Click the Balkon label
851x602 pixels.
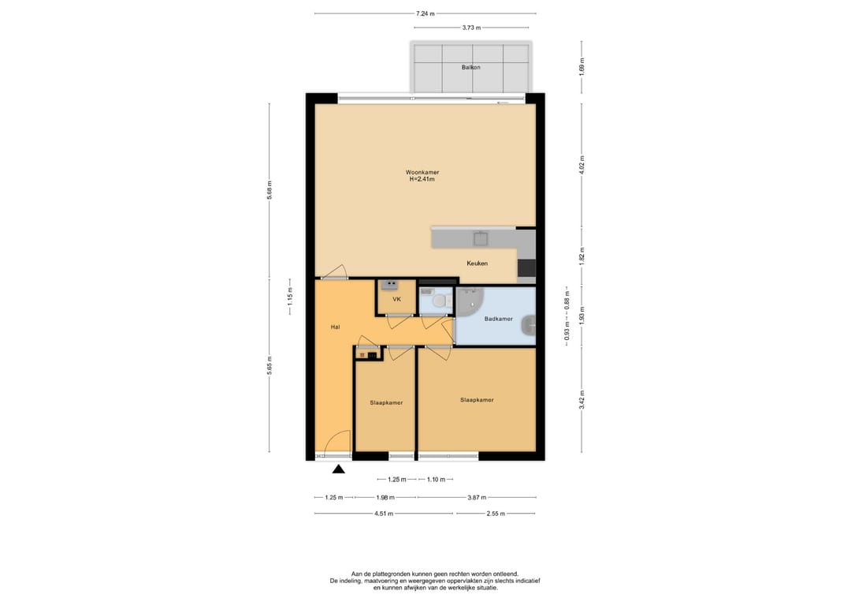pos(470,67)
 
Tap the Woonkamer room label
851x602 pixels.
pos(422,172)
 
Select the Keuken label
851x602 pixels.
pos(477,264)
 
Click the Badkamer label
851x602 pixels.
pos(498,319)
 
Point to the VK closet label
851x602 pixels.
pos(396,299)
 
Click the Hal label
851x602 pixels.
pos(336,327)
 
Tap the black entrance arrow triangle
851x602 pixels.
pos(338,469)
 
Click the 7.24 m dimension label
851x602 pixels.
pos(425,13)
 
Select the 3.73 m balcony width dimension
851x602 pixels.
pos(471,27)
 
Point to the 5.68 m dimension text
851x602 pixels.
pos(269,190)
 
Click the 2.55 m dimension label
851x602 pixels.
pos(496,514)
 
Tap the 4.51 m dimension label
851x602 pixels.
pos(384,514)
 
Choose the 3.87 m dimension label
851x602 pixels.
pos(477,497)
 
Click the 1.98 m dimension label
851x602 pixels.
pos(385,497)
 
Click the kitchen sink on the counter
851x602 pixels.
pos(481,238)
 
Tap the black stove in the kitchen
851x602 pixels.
pos(526,268)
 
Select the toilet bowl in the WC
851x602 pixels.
pos(440,301)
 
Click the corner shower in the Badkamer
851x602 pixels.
pos(467,302)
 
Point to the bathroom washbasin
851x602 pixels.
pos(528,326)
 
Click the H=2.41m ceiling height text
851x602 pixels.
pos(422,179)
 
